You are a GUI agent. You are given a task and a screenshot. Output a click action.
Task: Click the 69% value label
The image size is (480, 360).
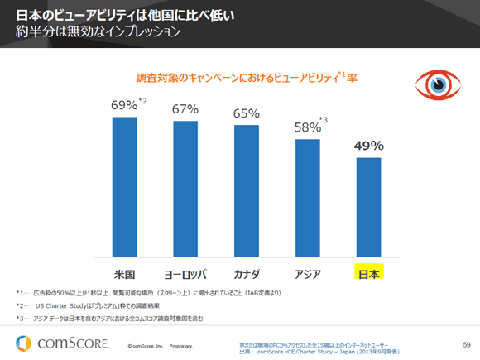pyautogui.click(x=124, y=106)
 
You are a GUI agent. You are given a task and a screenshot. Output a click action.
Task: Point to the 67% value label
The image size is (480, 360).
pyautogui.click(x=185, y=110)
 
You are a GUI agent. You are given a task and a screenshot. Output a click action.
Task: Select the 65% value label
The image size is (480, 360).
pyautogui.click(x=246, y=114)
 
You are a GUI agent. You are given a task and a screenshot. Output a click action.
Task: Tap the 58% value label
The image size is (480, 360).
pyautogui.click(x=307, y=128)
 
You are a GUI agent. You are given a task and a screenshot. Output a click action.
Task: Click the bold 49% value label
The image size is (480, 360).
pyautogui.click(x=368, y=146)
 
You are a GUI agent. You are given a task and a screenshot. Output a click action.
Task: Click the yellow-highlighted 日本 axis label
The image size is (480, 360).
pyautogui.click(x=368, y=272)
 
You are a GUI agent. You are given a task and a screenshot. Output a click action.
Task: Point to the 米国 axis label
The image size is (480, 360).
pyautogui.click(x=124, y=272)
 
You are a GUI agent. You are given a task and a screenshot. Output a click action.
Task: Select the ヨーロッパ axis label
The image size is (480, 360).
pyautogui.click(x=185, y=272)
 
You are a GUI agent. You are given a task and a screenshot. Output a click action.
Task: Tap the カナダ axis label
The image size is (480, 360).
pyautogui.click(x=246, y=272)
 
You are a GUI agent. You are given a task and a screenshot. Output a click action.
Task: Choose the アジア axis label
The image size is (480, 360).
pyautogui.click(x=307, y=272)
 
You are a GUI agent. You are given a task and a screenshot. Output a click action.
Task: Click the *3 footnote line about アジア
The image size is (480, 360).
pyautogui.click(x=120, y=318)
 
